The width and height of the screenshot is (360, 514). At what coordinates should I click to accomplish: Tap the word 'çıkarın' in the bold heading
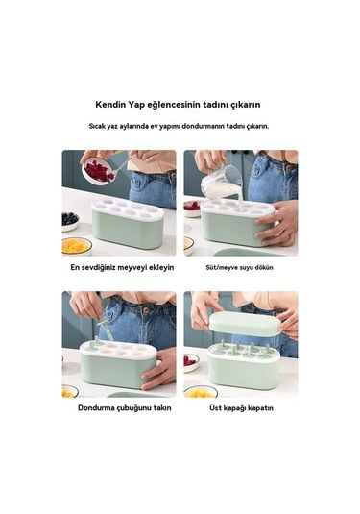click(x=246, y=105)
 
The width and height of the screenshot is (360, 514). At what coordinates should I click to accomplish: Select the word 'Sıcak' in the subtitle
click(x=97, y=126)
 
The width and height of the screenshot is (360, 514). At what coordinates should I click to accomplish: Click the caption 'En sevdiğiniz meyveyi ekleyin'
click(x=122, y=267)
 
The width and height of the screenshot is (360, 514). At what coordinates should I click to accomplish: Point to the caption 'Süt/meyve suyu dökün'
click(x=239, y=267)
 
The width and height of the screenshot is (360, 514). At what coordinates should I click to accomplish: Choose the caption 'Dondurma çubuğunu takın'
click(x=125, y=408)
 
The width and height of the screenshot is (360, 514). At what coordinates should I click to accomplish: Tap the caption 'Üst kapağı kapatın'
click(x=241, y=408)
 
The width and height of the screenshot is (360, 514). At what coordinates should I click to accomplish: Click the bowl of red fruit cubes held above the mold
click(x=97, y=170)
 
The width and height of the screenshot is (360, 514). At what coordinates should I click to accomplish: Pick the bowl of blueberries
click(x=70, y=221)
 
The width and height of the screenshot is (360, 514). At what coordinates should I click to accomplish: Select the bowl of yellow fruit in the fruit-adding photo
click(x=76, y=247)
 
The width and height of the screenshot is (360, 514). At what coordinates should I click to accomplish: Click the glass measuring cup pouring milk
click(x=222, y=184)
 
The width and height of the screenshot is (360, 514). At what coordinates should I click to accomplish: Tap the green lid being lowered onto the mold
click(x=246, y=324)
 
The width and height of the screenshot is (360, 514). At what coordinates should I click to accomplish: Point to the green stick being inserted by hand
click(x=106, y=328)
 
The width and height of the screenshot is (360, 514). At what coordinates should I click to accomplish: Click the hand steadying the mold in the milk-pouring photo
click(x=278, y=223)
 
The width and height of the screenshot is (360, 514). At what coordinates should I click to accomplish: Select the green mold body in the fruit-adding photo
click(x=128, y=228)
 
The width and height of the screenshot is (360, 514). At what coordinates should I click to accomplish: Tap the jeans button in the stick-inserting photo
click(x=146, y=309)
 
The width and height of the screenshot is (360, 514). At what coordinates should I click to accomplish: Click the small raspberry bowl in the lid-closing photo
click(x=191, y=362)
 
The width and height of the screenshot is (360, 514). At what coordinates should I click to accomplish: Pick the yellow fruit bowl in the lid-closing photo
click(x=201, y=392)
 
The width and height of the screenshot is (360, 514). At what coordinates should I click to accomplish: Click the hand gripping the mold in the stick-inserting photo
click(x=158, y=369)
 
